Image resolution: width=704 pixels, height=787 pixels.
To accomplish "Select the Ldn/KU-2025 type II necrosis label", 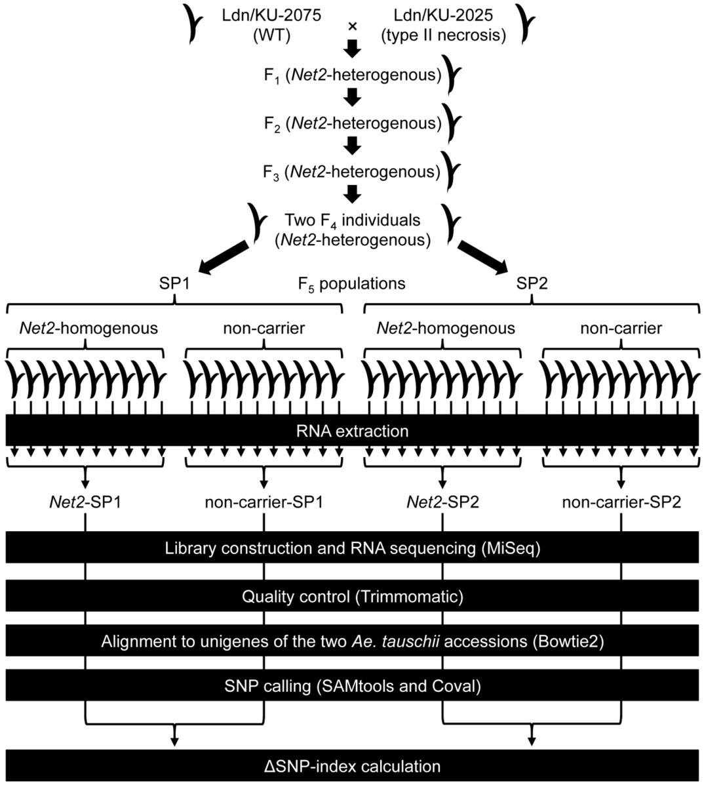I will [x=444, y=25].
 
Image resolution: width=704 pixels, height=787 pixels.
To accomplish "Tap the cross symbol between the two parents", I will [x=352, y=26].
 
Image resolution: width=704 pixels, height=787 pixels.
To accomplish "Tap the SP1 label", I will [x=174, y=283].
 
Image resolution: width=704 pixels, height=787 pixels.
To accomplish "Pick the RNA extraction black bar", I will [x=352, y=432].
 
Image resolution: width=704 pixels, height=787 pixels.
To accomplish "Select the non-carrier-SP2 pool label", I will [x=621, y=503].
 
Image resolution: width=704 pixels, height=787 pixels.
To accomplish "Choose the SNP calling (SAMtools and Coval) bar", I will [x=352, y=686].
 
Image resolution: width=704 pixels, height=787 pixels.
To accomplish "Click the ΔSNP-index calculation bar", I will [x=352, y=765].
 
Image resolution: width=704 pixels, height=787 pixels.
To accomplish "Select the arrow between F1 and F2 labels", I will [x=353, y=98].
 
